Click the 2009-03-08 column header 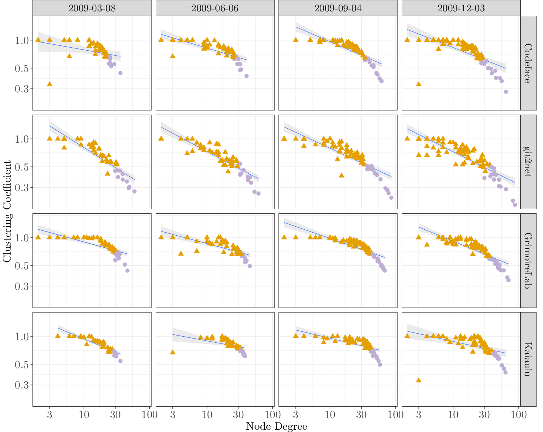pyautogui.click(x=92, y=8)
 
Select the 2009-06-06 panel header pyautogui.click(x=215, y=8)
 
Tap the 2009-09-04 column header pyautogui.click(x=338, y=8)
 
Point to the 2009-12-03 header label pyautogui.click(x=461, y=8)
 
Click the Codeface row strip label pyautogui.click(x=528, y=63)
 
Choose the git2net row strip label pyautogui.click(x=528, y=162)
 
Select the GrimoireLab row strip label pyautogui.click(x=528, y=261)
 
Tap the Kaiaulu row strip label pyautogui.click(x=528, y=359)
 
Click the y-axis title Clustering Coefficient pyautogui.click(x=7, y=211)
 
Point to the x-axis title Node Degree pyautogui.click(x=276, y=426)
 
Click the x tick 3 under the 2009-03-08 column pyautogui.click(x=50, y=414)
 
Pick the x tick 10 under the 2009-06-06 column pyautogui.click(x=207, y=414)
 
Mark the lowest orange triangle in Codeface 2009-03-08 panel pyautogui.click(x=50, y=84)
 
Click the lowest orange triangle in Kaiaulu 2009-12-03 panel pyautogui.click(x=418, y=380)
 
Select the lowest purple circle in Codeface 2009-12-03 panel pyautogui.click(x=506, y=92)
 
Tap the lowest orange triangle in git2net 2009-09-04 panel pyautogui.click(x=341, y=175)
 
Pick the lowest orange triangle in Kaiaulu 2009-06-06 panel pyautogui.click(x=173, y=352)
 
